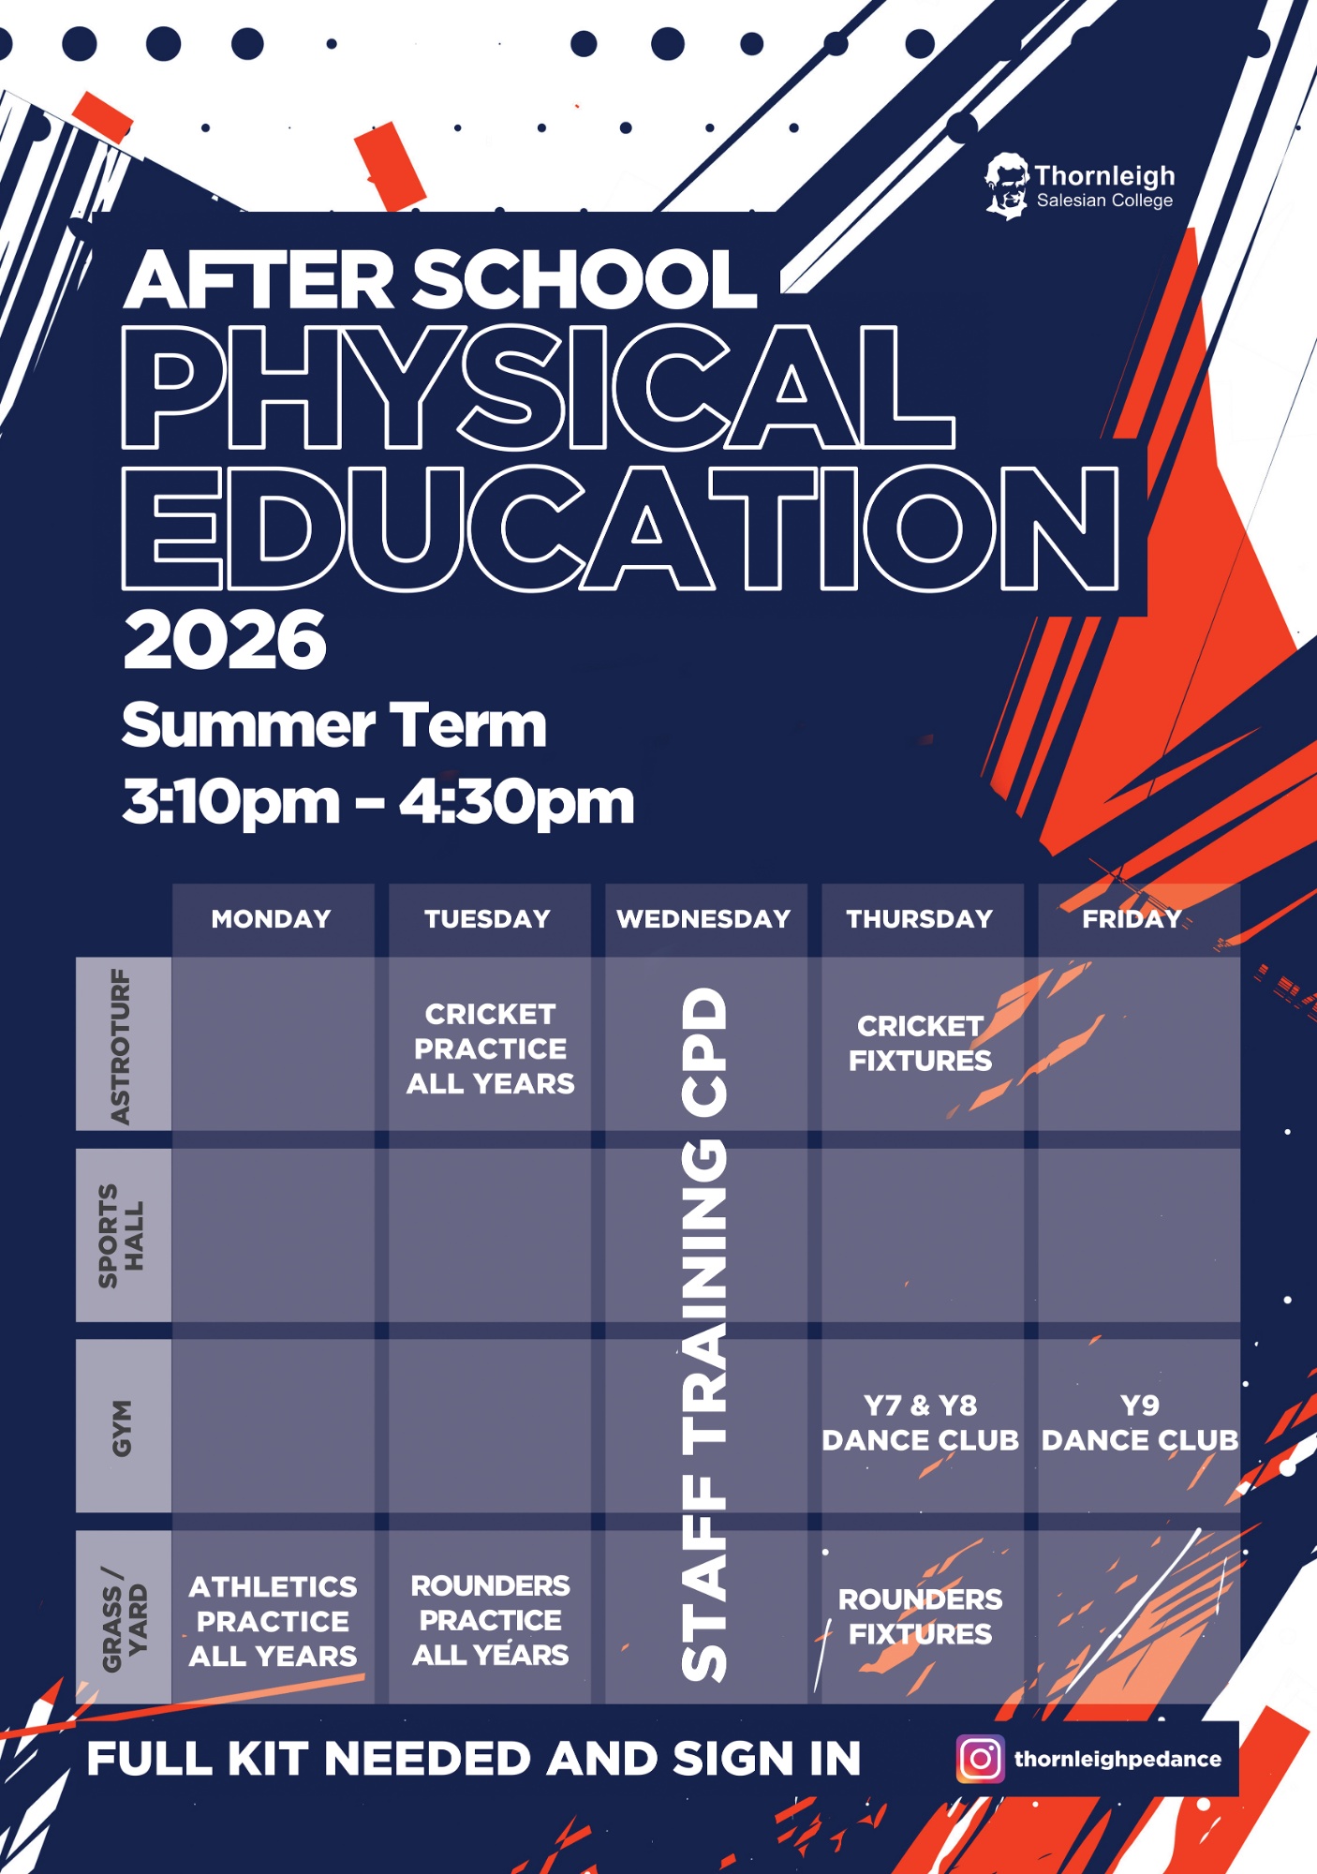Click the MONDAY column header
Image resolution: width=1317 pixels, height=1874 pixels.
(272, 919)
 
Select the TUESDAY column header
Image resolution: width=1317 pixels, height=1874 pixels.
(488, 919)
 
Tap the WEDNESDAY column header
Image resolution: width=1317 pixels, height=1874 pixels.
(704, 919)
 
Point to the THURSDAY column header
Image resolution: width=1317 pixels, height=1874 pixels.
(921, 919)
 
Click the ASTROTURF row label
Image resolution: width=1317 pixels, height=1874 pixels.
(122, 1046)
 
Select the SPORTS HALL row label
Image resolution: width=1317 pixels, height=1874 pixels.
(122, 1236)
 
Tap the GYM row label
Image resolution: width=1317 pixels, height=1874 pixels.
(122, 1427)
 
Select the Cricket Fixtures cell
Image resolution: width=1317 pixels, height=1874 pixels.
(921, 1044)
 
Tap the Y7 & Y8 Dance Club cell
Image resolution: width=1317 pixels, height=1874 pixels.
(921, 1423)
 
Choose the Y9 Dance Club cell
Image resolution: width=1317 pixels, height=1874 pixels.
(1139, 1423)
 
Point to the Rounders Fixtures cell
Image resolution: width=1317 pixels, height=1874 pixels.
(921, 1616)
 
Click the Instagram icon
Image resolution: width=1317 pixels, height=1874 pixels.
(980, 1759)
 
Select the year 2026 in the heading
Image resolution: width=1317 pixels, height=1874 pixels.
(225, 641)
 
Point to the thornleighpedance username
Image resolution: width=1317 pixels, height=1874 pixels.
(1117, 1760)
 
